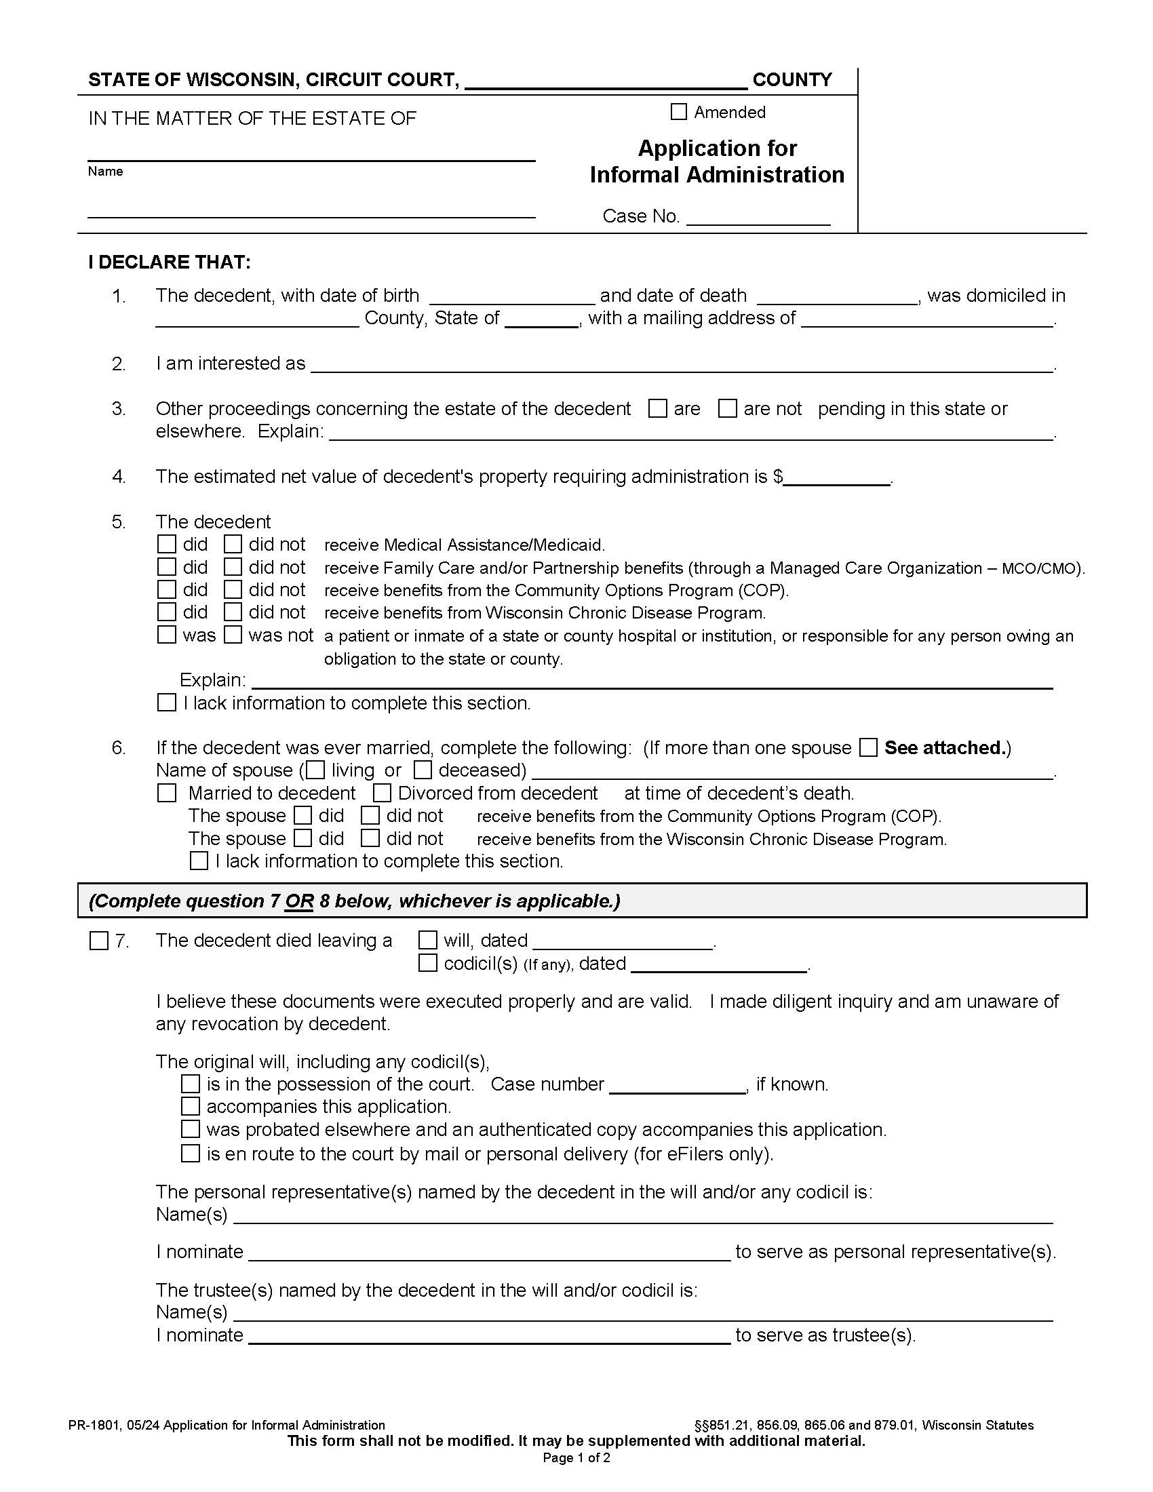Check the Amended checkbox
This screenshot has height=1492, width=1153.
click(x=678, y=111)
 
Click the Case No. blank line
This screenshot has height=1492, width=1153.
click(x=758, y=218)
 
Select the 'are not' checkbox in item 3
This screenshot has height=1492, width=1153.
click(x=728, y=408)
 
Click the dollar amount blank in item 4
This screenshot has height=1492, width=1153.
click(x=837, y=478)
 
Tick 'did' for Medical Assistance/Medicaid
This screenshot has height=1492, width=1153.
click(x=167, y=545)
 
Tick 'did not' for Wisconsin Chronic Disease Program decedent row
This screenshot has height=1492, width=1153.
click(x=233, y=612)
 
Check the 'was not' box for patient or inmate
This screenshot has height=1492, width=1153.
click(x=233, y=635)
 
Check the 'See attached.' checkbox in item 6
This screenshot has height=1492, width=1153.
click(x=868, y=747)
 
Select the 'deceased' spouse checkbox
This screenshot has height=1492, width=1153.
click(x=423, y=770)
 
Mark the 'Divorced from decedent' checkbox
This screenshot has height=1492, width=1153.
click(x=382, y=793)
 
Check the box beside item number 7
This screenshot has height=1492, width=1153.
click(x=99, y=941)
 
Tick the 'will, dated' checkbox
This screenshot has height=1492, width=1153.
click(x=427, y=941)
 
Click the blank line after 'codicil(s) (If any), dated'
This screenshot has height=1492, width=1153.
click(x=719, y=965)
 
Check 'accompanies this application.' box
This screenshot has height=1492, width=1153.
click(x=191, y=1106)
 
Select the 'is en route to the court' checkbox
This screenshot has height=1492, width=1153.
click(x=191, y=1154)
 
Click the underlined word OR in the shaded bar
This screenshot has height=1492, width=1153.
click(x=299, y=901)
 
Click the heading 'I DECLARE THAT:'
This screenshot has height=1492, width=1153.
click(x=170, y=262)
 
